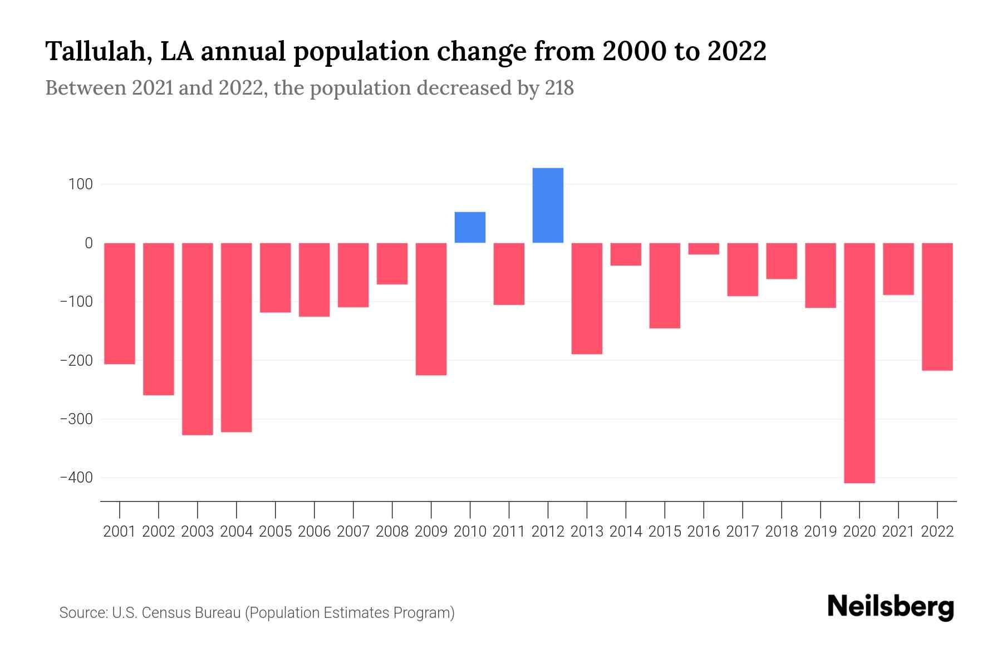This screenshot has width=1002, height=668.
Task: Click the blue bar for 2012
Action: (548, 205)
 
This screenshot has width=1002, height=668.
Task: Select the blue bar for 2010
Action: (470, 227)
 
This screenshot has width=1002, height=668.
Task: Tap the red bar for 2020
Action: (859, 363)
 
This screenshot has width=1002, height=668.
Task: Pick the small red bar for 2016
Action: (704, 249)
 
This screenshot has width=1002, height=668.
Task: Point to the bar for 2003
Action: (198, 338)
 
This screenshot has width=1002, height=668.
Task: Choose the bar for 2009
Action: (431, 309)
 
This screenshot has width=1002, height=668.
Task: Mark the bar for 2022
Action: (937, 307)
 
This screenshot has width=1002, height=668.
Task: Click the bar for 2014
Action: (626, 254)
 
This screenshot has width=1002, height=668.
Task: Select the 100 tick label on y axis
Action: (81, 184)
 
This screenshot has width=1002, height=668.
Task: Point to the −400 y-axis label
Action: (76, 478)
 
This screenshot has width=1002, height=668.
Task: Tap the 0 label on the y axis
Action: (89, 243)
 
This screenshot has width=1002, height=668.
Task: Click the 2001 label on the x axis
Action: (120, 532)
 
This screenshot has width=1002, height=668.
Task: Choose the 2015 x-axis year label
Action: (665, 532)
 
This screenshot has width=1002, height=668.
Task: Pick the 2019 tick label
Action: (821, 532)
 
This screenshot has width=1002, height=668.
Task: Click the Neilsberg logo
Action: (891, 607)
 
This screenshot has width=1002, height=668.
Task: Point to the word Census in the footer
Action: (164, 613)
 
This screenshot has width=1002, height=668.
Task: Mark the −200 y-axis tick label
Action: (76, 361)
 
